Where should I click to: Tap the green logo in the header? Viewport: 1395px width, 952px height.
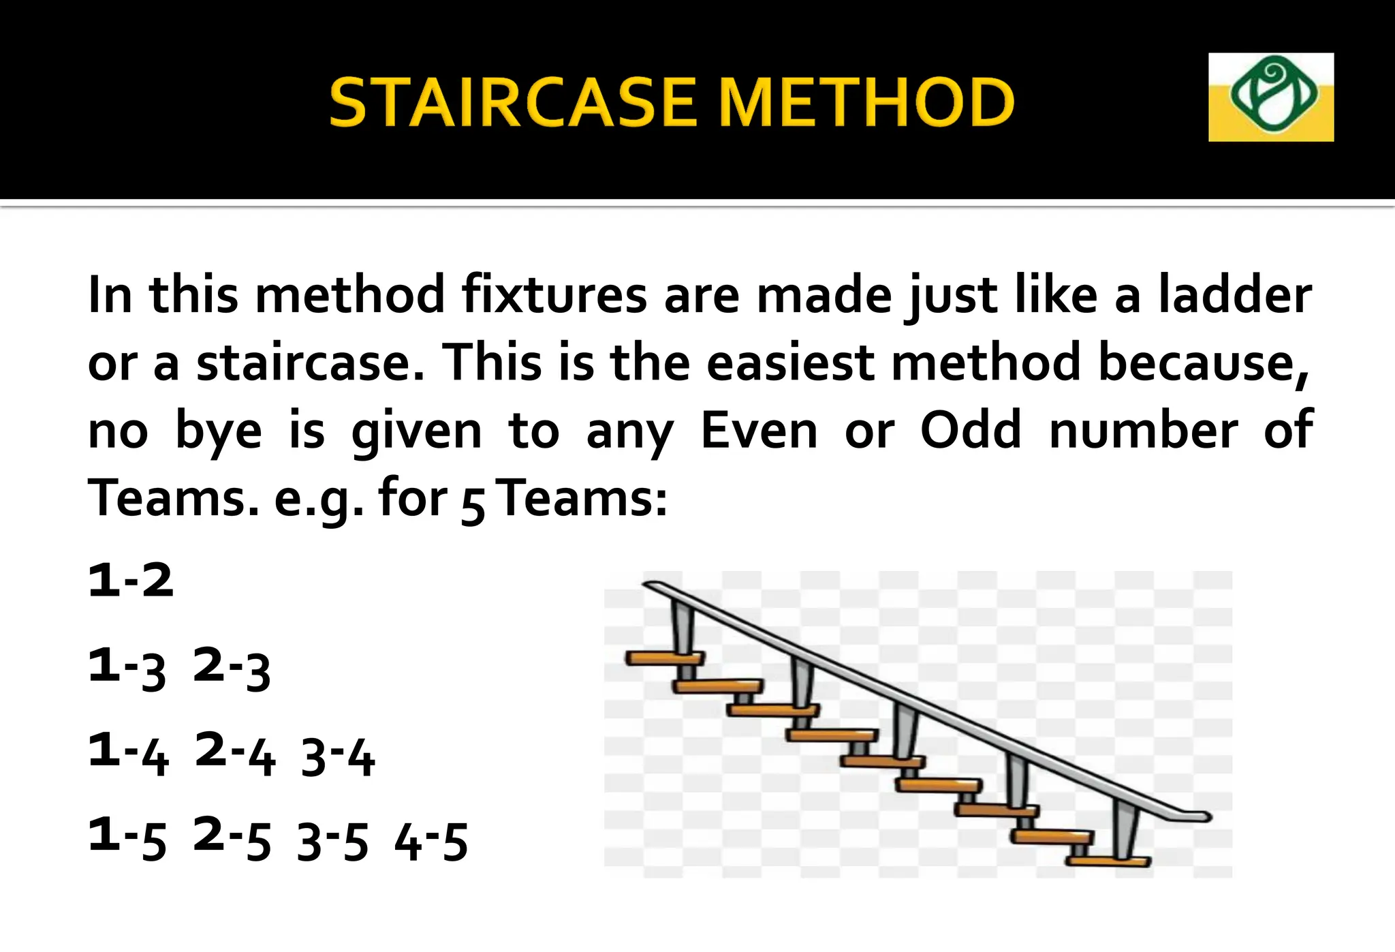[1270, 96]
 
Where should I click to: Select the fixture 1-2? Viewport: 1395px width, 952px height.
[131, 581]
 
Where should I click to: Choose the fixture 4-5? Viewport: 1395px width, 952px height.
[431, 842]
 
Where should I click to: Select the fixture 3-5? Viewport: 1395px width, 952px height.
[333, 842]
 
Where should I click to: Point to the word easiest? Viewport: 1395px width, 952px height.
[789, 363]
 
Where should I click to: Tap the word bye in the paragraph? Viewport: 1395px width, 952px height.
[219, 432]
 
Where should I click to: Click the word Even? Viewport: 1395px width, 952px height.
[759, 431]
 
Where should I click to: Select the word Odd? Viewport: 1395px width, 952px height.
[971, 431]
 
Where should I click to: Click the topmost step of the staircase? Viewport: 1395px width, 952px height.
[664, 658]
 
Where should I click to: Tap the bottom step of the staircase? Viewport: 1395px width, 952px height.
[1108, 861]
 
